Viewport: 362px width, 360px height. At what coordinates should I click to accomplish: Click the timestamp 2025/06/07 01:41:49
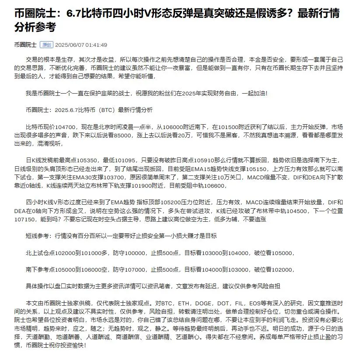(x=82, y=45)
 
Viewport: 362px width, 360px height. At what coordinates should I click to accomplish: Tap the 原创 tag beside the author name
(x=46, y=45)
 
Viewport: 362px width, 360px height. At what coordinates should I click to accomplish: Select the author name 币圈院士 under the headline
(x=25, y=45)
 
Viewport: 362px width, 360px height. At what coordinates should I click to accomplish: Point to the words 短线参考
(x=38, y=236)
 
